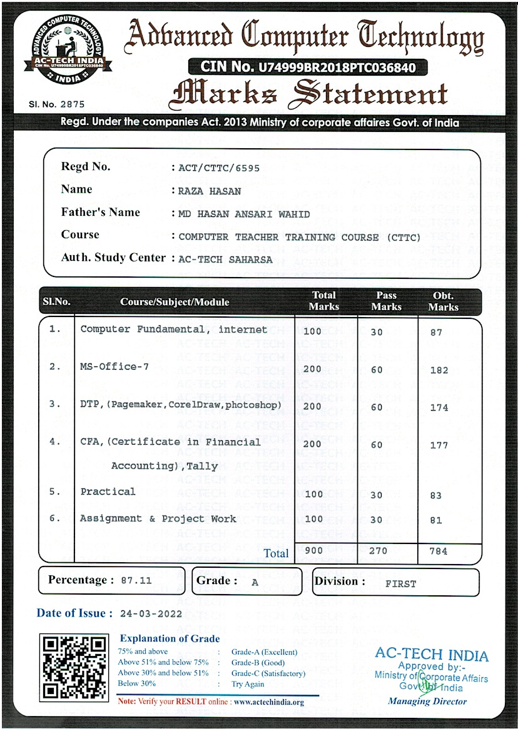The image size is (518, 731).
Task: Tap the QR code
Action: click(73, 666)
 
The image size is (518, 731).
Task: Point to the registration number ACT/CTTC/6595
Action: click(219, 168)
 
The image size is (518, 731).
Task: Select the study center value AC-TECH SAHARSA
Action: click(226, 259)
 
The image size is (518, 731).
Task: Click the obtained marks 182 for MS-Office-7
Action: click(439, 370)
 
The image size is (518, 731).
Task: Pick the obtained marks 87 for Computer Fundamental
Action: click(436, 333)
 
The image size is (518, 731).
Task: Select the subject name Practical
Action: click(108, 492)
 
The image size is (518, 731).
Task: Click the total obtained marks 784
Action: click(439, 552)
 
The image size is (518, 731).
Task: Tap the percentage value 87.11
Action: click(136, 580)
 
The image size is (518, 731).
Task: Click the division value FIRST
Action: click(400, 584)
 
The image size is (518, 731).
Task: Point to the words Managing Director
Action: click(427, 701)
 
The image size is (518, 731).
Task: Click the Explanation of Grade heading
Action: click(170, 638)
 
